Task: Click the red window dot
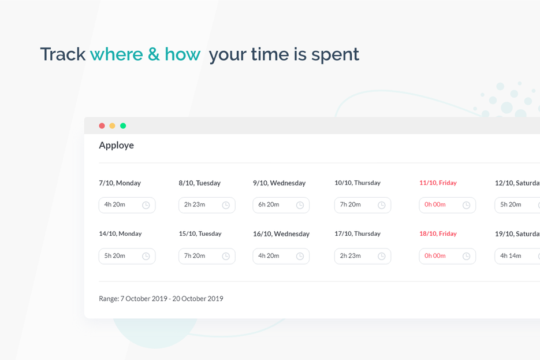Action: point(102,126)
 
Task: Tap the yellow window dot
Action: point(112,126)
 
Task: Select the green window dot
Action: point(123,126)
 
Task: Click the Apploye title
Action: point(116,145)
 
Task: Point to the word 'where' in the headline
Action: point(116,54)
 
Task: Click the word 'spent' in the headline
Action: point(335,54)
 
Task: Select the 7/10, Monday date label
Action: point(120,183)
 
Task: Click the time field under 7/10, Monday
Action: point(126,205)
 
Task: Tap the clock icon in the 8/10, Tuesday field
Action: point(226,205)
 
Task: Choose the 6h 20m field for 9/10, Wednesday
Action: point(281,205)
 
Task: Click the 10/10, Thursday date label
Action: point(357,183)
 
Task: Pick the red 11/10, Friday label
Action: point(438,183)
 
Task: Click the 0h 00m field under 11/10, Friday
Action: point(447,205)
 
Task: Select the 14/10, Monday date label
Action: point(120,234)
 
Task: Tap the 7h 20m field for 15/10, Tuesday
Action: point(206,256)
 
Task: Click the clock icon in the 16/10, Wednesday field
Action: point(300,256)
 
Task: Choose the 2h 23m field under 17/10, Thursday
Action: point(362,256)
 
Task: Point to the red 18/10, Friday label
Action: point(438,234)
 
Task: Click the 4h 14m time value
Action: point(511,256)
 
